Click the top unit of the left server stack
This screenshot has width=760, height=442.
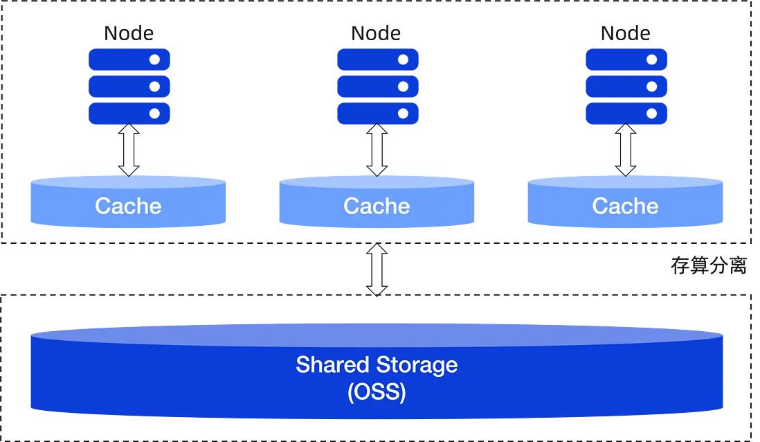[x=129, y=59]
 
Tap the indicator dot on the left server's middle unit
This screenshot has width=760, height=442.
[x=155, y=87]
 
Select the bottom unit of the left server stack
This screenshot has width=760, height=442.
[x=129, y=113]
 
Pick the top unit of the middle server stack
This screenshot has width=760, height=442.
[x=378, y=59]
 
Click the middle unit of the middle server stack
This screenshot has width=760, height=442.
[x=378, y=86]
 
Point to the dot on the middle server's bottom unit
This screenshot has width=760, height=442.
[x=404, y=113]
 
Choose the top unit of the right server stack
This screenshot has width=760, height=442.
[x=626, y=59]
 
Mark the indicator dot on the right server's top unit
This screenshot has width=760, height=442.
[x=652, y=60]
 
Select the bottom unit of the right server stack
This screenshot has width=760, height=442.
[x=626, y=113]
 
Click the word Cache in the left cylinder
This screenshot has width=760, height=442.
[x=128, y=206]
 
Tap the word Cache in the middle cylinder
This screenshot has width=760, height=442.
[x=377, y=206]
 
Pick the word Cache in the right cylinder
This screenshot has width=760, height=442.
[x=625, y=206]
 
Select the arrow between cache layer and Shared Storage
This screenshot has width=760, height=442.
[x=377, y=270]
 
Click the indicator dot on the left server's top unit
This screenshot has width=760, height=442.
[x=155, y=60]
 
